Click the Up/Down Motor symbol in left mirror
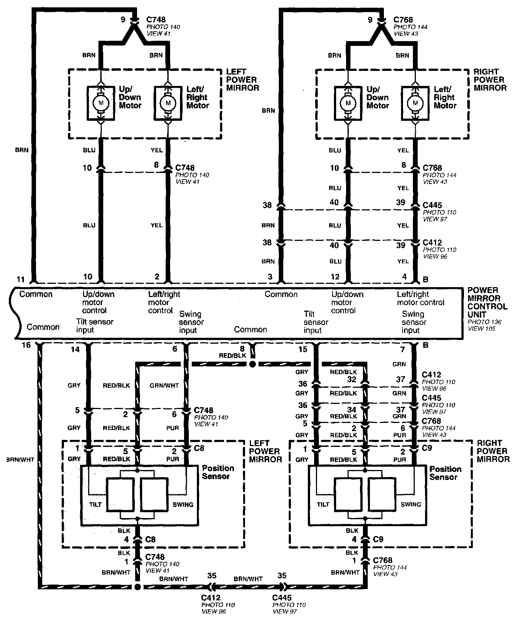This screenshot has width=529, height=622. point(100,103)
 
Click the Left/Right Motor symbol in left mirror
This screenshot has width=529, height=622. point(168,103)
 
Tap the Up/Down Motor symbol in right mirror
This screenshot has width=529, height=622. point(348,103)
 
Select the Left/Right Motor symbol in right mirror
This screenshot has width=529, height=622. point(415,103)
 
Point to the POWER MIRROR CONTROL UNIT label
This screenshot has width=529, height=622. point(487,302)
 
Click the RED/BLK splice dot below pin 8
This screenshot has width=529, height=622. point(252,364)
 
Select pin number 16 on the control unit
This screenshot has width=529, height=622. point(25,345)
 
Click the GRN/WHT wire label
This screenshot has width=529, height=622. point(164,386)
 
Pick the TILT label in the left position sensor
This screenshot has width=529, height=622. point(96,505)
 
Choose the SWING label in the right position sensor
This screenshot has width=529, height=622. point(411,505)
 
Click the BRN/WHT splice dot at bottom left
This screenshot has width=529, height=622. point(137,587)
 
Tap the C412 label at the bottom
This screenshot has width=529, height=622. point(210,598)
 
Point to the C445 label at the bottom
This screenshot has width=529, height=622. point(282,598)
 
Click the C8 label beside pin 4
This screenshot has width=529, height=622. point(151,539)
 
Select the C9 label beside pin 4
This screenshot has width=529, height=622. point(378,539)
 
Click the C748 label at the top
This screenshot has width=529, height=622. point(156,20)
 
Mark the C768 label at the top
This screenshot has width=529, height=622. point(403,20)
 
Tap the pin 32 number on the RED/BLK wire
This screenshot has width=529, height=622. point(352,380)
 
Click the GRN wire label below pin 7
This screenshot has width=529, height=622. point(399,364)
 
